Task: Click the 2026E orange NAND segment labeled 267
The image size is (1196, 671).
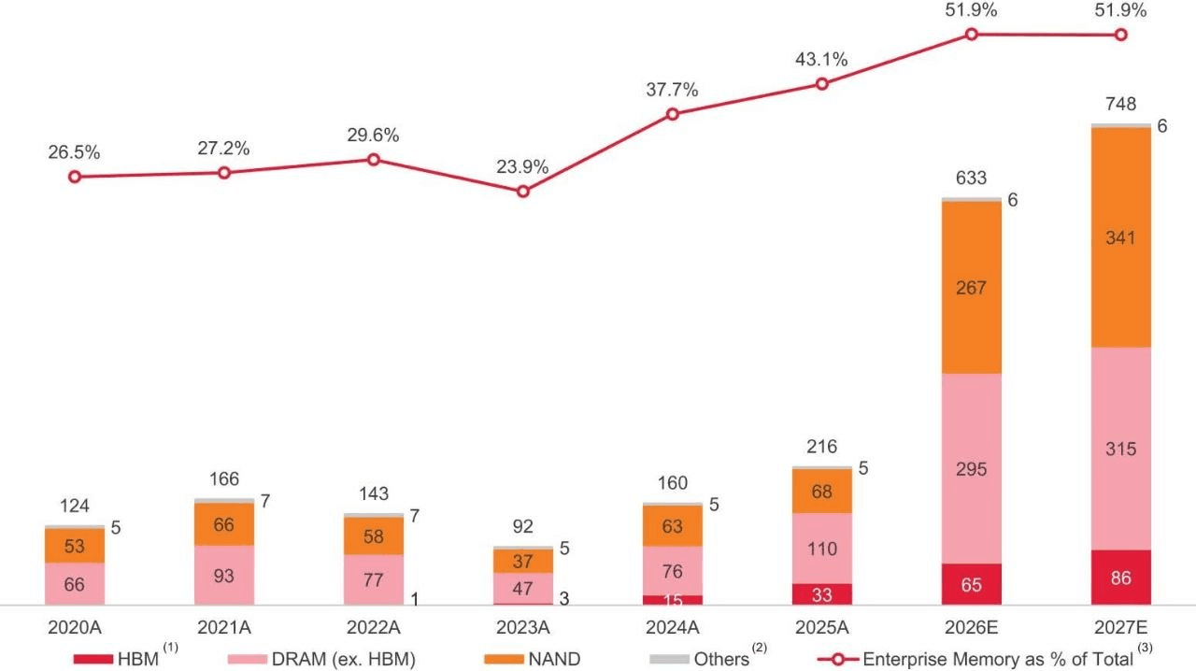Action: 971,288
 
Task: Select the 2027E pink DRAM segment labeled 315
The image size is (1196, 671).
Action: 1120,449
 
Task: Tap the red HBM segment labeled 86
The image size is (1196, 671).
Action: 1120,578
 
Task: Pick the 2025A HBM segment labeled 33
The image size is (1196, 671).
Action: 821,594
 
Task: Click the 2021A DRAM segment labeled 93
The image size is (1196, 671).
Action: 223,576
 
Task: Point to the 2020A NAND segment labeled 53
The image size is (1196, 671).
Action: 74,546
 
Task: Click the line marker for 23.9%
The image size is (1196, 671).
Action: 523,192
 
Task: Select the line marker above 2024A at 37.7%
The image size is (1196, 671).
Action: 673,114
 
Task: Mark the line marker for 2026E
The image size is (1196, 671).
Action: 972,35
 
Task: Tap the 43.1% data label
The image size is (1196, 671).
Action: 821,60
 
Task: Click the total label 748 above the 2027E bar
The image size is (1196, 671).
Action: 1120,104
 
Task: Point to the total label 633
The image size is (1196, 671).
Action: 971,178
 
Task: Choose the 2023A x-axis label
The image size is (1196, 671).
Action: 522,627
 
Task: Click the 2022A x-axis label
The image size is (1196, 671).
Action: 373,627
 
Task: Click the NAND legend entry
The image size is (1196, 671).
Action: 533,659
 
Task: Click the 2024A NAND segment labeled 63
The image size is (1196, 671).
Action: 672,526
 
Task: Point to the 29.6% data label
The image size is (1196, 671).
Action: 373,136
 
